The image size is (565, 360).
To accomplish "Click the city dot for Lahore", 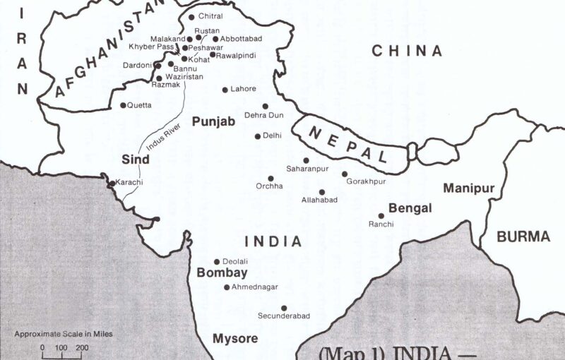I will [x=225, y=90].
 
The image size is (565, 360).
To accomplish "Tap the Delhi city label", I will [x=272, y=136].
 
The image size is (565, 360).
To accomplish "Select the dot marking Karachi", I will [x=112, y=184].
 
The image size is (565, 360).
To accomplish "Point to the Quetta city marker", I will [x=123, y=105].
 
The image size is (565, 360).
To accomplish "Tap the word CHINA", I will [x=407, y=51].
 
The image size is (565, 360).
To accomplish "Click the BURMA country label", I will [x=523, y=237].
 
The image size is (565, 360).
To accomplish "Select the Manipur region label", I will [x=468, y=188].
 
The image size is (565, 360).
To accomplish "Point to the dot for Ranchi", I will [x=381, y=216].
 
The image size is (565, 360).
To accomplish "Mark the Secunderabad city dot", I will [x=284, y=308].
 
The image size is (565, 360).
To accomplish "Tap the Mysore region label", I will [x=235, y=338].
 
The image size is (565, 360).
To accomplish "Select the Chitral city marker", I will [x=191, y=17].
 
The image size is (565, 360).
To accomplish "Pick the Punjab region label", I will [x=213, y=121].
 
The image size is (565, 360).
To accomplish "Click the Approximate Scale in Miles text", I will [x=64, y=334].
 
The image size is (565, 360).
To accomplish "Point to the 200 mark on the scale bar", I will [x=82, y=348].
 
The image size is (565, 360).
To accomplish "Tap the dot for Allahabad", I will [x=322, y=192].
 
